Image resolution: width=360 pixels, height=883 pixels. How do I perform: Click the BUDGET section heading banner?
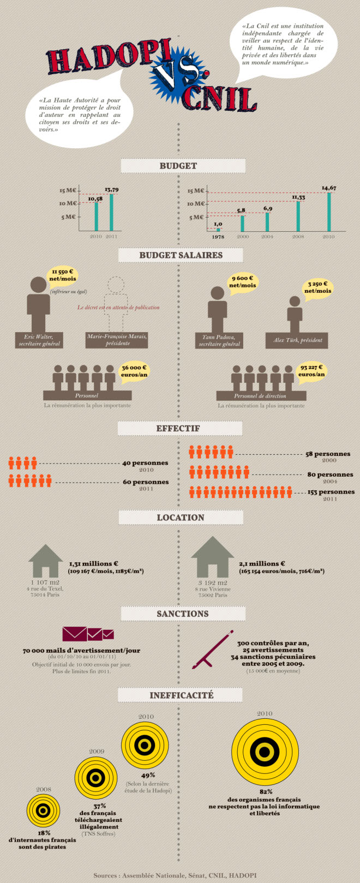[178, 166]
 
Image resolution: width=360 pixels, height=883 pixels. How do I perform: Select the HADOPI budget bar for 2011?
[111, 213]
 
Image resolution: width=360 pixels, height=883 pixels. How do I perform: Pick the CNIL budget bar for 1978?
[218, 230]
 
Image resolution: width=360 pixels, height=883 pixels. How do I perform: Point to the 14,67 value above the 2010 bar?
[328, 188]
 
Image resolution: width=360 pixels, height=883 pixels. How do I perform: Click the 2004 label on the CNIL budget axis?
[267, 237]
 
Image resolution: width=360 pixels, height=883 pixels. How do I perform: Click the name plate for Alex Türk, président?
[297, 340]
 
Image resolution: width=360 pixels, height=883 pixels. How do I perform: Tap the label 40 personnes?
[145, 463]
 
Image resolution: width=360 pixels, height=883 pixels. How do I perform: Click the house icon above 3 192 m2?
[212, 557]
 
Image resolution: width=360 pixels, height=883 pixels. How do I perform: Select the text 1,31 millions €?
[94, 564]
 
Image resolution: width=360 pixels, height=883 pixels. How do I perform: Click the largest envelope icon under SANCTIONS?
[74, 634]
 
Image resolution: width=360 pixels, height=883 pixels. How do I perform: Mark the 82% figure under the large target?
[266, 791]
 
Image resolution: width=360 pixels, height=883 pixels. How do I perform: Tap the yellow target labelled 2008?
[44, 810]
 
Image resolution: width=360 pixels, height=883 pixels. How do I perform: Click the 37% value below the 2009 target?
[99, 806]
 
